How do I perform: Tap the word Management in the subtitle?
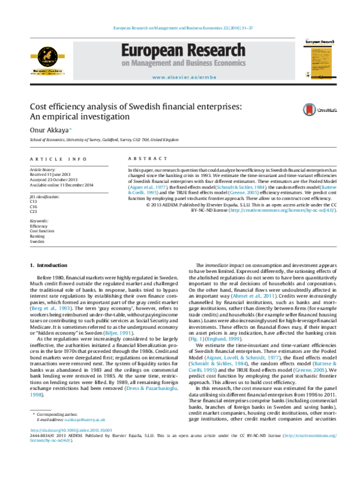[159, 63]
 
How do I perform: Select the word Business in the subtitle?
[209, 63]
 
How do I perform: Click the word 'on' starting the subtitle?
[125, 63]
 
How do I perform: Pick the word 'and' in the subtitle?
[189, 63]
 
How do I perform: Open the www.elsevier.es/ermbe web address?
[184, 77]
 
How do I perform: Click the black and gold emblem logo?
[47, 61]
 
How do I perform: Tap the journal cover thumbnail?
[319, 59]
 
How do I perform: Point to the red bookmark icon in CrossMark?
[309, 110]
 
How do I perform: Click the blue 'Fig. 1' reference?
[197, 339]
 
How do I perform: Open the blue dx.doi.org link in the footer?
[71, 430]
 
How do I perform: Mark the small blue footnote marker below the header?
[70, 128]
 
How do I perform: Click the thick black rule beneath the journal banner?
[183, 85]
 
